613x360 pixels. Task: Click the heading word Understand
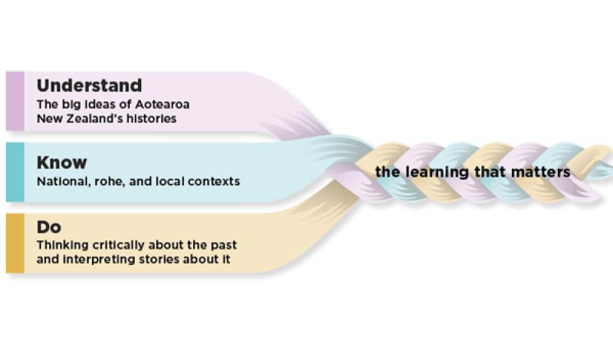(89, 85)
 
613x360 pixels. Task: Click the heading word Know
(62, 163)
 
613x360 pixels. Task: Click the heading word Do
(49, 228)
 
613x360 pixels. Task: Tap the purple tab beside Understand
(15, 101)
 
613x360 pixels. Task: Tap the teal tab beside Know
(15, 172)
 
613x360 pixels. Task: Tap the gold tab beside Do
(15, 243)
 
